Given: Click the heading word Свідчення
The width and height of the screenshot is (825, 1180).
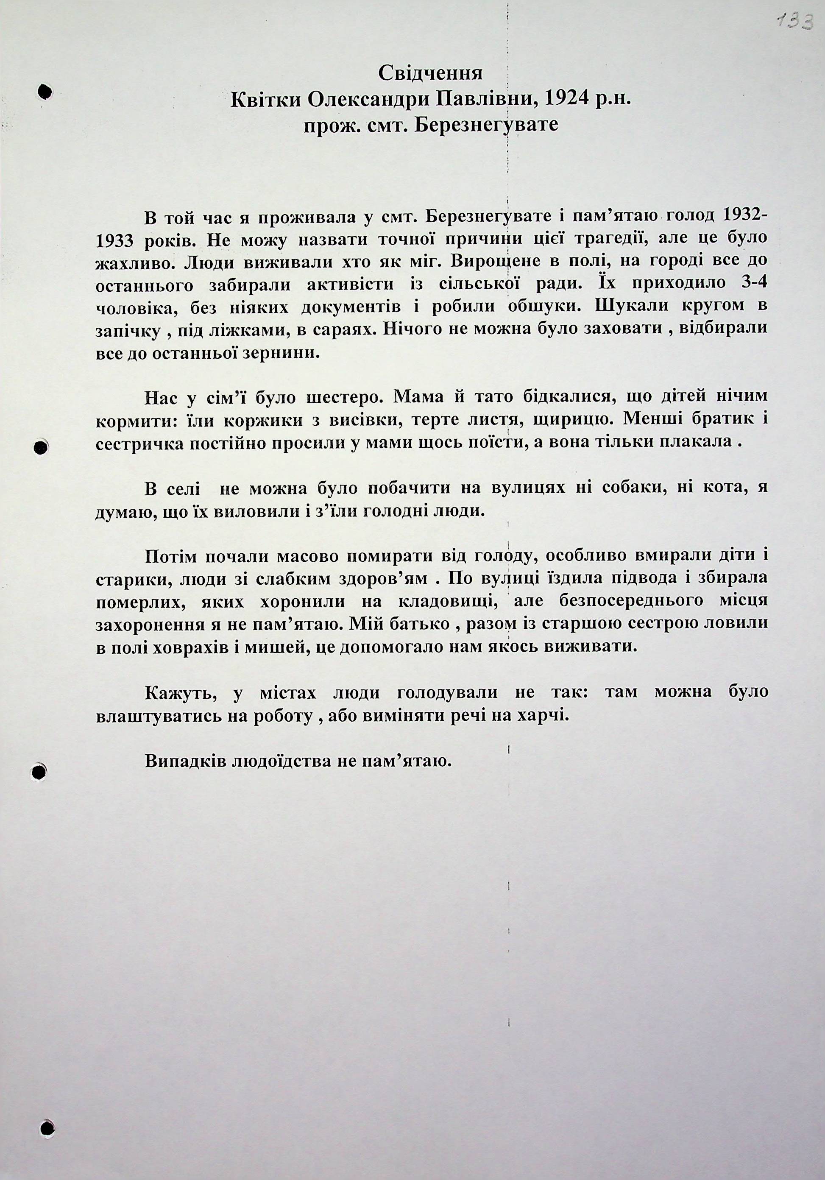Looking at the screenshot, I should pyautogui.click(x=430, y=73).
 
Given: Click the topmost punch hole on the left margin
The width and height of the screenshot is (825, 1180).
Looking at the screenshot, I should pyautogui.click(x=45, y=91).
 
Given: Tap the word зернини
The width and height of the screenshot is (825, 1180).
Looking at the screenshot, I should pyautogui.click(x=286, y=354).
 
